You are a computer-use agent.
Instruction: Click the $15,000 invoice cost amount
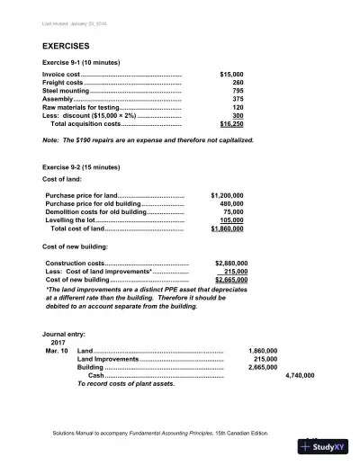tap(231, 74)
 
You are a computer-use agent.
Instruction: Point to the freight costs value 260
tap(237, 82)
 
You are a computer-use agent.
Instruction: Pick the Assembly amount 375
tap(237, 99)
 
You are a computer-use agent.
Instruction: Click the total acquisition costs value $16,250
tap(231, 124)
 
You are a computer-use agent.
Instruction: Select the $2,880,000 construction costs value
tap(230, 263)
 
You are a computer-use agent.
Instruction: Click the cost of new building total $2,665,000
tap(230, 280)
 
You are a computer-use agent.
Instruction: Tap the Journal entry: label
tap(67, 333)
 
